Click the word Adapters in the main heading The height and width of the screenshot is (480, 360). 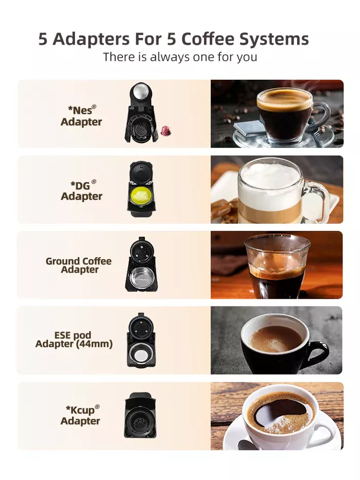pos(91,40)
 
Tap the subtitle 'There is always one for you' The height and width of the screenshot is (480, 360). pos(180,57)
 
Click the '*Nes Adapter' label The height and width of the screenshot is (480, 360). pos(81,116)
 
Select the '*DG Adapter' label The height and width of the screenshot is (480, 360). pos(81,190)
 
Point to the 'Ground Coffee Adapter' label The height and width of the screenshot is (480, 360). pos(78,265)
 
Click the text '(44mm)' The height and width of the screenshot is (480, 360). pos(94,344)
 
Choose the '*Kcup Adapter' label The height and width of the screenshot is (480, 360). pos(80,415)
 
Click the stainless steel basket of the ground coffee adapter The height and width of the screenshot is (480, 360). pos(141,277)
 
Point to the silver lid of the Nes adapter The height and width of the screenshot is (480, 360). pos(141,92)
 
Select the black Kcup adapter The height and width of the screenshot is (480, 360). pos(140,415)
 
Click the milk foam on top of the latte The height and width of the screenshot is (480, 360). pos(271,179)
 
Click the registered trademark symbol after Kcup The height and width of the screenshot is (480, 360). pos(97,407)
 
